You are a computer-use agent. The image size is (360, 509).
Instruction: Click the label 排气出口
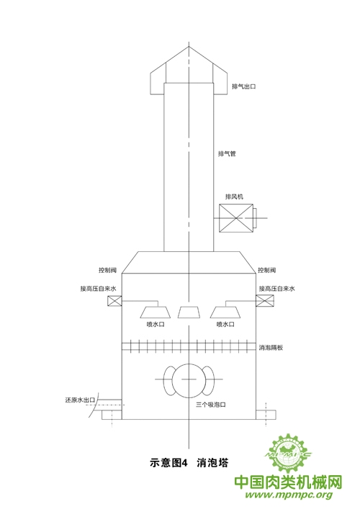[x=244, y=86]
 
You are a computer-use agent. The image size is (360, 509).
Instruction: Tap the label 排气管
[x=227, y=153]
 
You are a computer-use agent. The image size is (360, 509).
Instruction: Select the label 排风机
[x=234, y=197]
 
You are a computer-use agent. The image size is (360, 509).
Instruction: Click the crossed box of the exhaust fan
[x=236, y=218]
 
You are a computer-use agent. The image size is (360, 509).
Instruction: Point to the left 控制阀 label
[x=107, y=270]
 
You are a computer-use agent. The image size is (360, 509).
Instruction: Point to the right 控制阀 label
[x=267, y=270]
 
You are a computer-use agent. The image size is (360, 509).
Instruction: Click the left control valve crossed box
[x=114, y=301]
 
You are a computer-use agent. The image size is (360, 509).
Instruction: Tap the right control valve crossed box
[x=265, y=301]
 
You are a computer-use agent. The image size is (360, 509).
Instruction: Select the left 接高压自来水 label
[x=99, y=289]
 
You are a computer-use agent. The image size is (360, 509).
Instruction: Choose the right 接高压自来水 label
[x=277, y=289]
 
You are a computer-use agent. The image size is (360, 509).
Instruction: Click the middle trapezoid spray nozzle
[x=189, y=312]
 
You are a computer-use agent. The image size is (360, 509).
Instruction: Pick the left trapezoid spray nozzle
[x=156, y=312]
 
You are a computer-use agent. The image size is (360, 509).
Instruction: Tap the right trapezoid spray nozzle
[x=225, y=312]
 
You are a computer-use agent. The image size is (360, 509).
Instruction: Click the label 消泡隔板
[x=271, y=348]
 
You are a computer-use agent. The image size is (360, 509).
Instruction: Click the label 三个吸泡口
[x=211, y=405]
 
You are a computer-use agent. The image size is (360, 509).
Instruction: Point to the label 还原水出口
[x=80, y=400]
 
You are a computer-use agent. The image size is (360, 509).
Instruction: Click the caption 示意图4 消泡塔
[x=189, y=462]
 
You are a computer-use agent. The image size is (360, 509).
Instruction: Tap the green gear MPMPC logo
[x=287, y=454]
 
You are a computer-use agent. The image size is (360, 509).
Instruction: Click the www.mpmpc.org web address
[x=289, y=495]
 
